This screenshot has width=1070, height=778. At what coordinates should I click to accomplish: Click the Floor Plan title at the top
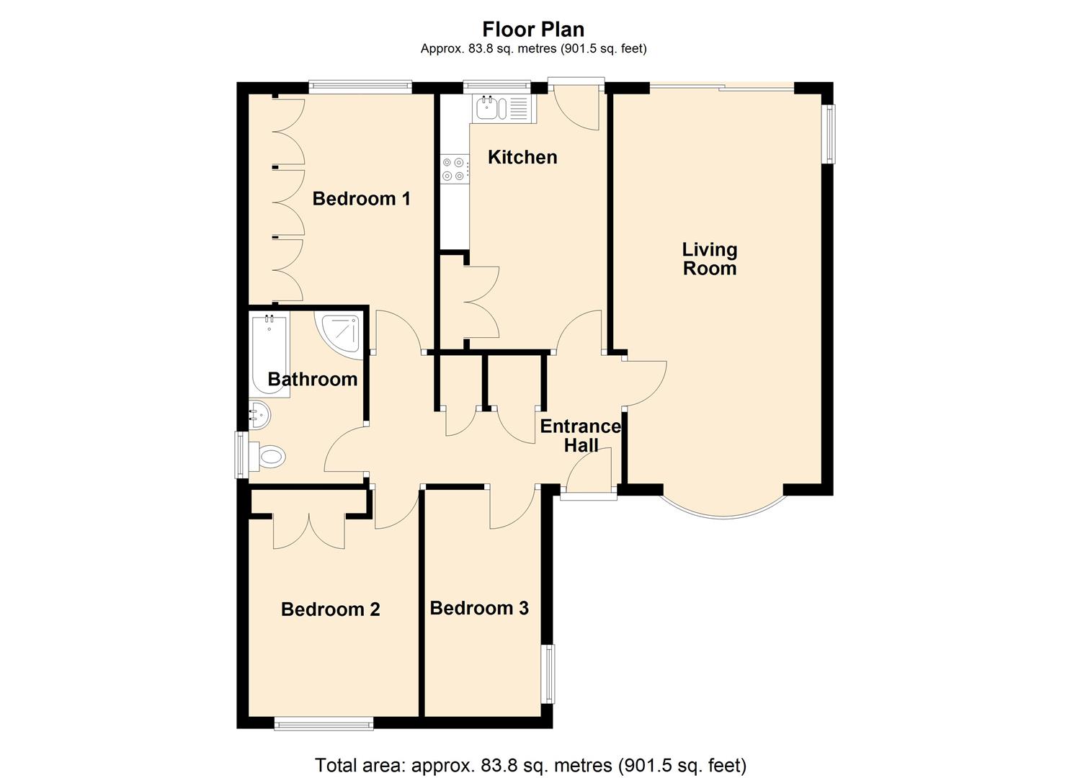533,29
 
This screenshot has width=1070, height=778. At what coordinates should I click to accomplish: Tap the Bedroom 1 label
361,198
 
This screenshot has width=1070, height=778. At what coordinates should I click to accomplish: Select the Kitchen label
522,157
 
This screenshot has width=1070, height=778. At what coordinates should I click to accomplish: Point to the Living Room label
710,259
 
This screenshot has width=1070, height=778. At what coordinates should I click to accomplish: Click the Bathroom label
312,379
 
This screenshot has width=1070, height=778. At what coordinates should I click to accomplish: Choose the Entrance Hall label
580,436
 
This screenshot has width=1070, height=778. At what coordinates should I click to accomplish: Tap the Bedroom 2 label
330,609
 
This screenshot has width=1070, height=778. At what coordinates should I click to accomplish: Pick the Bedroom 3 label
479,608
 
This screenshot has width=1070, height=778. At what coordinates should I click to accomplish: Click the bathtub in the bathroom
269,351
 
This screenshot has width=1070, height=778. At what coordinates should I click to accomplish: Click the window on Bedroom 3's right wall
550,674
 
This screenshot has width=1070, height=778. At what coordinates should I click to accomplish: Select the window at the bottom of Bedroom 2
324,723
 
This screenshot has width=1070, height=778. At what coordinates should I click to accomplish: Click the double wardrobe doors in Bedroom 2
308,532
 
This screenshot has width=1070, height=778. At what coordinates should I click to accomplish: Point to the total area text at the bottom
530,764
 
